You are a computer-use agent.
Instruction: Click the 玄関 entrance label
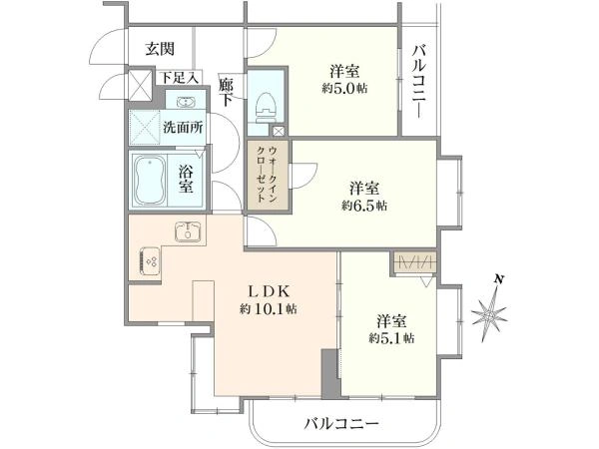[x=160, y=49]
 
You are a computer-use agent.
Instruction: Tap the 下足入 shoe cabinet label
[x=179, y=78]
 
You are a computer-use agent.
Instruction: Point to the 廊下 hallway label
[x=226, y=92]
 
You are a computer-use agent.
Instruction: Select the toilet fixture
[x=267, y=107]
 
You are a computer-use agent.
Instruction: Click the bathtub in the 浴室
[x=149, y=181]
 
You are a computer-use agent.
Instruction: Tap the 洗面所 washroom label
[x=183, y=127]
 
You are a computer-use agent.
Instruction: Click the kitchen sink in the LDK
[x=188, y=231]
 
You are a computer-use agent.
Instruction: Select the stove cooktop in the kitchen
[x=150, y=261]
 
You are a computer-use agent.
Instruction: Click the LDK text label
[x=269, y=292]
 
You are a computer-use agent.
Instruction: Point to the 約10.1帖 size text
[x=269, y=309]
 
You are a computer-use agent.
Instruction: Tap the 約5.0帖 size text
[x=344, y=89]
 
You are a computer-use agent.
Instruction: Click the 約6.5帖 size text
[x=364, y=207]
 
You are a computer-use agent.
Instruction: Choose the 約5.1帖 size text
[x=391, y=338]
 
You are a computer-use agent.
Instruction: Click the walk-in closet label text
[x=267, y=175]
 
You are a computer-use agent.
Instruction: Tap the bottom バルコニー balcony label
[x=341, y=423]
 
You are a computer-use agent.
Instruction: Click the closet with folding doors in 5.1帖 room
[x=415, y=262]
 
